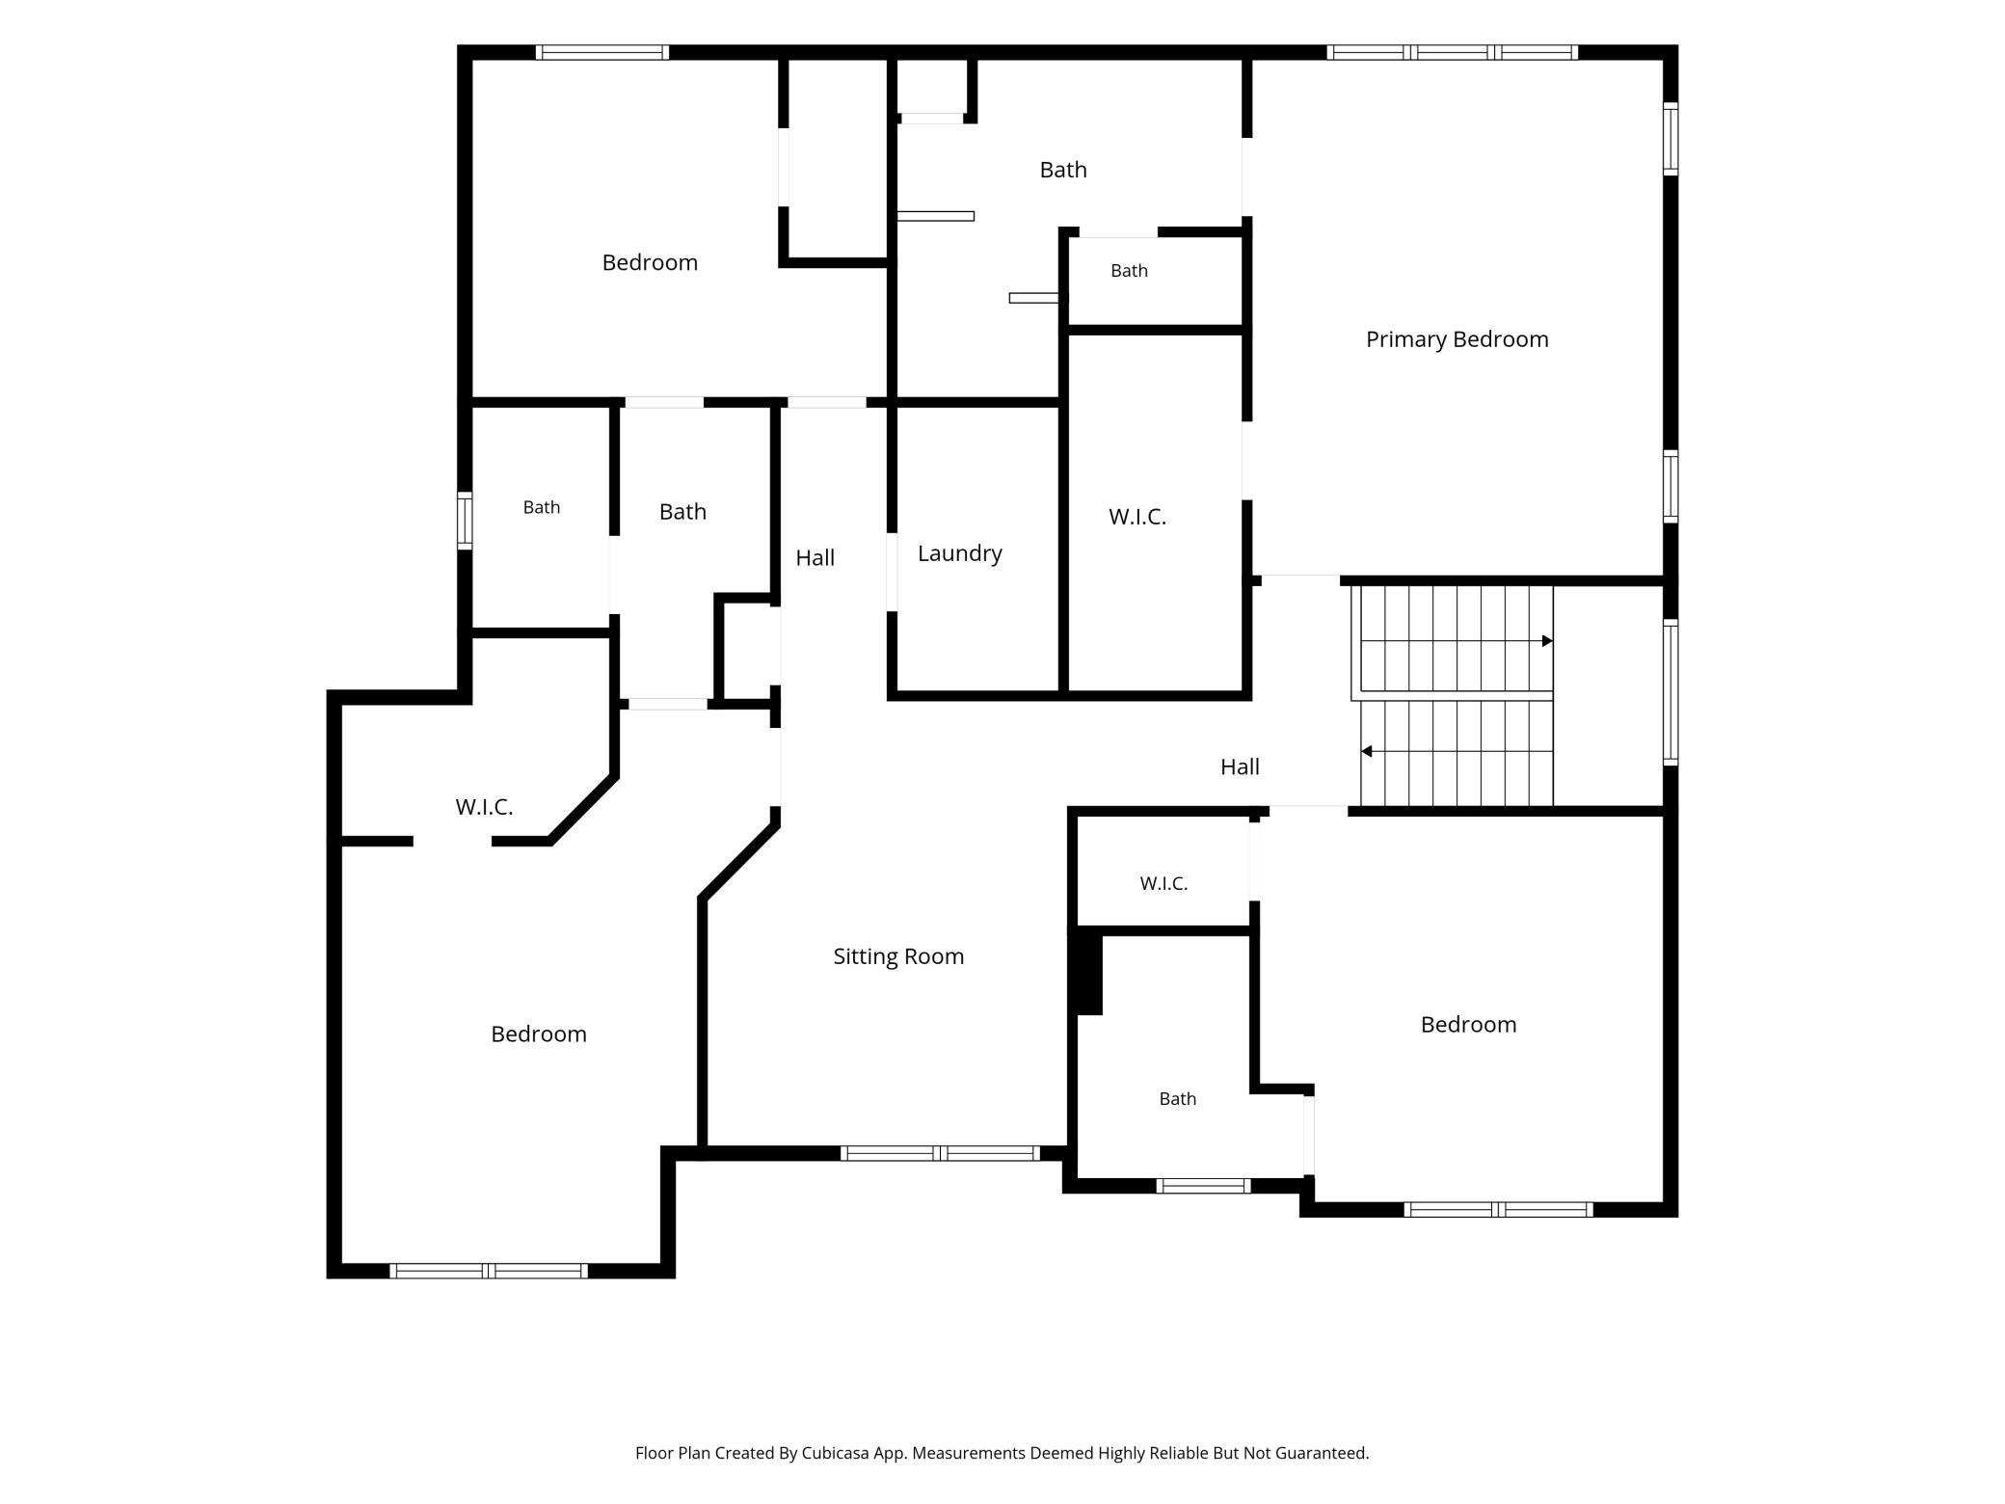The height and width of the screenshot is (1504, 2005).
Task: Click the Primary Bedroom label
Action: [x=1457, y=339]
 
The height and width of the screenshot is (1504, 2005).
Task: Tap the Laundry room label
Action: [x=959, y=553]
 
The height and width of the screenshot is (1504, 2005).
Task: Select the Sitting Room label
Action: [x=898, y=956]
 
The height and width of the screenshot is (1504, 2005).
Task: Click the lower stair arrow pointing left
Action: [x=1457, y=751]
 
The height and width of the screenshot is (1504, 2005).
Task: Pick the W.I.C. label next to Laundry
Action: [x=1137, y=517]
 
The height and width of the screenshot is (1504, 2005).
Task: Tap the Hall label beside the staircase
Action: [x=1240, y=766]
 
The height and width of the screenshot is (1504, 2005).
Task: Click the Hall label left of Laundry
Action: [x=815, y=557]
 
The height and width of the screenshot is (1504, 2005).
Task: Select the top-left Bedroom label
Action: [x=650, y=262]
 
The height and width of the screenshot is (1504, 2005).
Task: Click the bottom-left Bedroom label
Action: [x=539, y=1034]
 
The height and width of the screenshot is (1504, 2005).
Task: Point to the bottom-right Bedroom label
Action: [x=1468, y=1024]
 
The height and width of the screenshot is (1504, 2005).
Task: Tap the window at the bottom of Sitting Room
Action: [x=940, y=1153]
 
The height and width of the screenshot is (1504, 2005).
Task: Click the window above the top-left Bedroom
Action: [x=602, y=52]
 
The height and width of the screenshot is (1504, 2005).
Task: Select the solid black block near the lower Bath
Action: [x=1088, y=971]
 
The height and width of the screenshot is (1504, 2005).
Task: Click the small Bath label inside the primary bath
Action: [x=1129, y=271]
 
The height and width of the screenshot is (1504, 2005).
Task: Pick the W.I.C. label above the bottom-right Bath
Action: [x=1163, y=883]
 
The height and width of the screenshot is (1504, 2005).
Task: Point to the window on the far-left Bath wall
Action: [x=465, y=521]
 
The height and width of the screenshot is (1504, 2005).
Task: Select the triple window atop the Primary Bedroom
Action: [x=1452, y=52]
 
